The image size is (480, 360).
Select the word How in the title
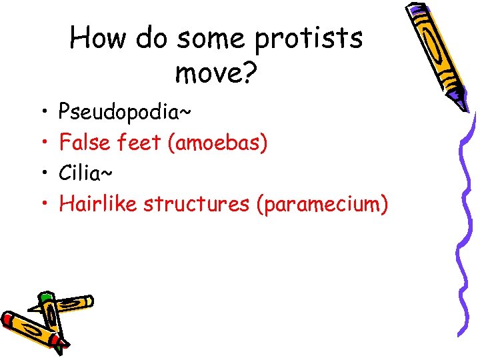pos(98,38)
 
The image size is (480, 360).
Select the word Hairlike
pos(98,204)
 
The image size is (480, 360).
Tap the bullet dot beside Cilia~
pos(42,173)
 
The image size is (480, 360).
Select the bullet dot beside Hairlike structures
pos(42,204)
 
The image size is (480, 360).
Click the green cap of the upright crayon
pos(45,297)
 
